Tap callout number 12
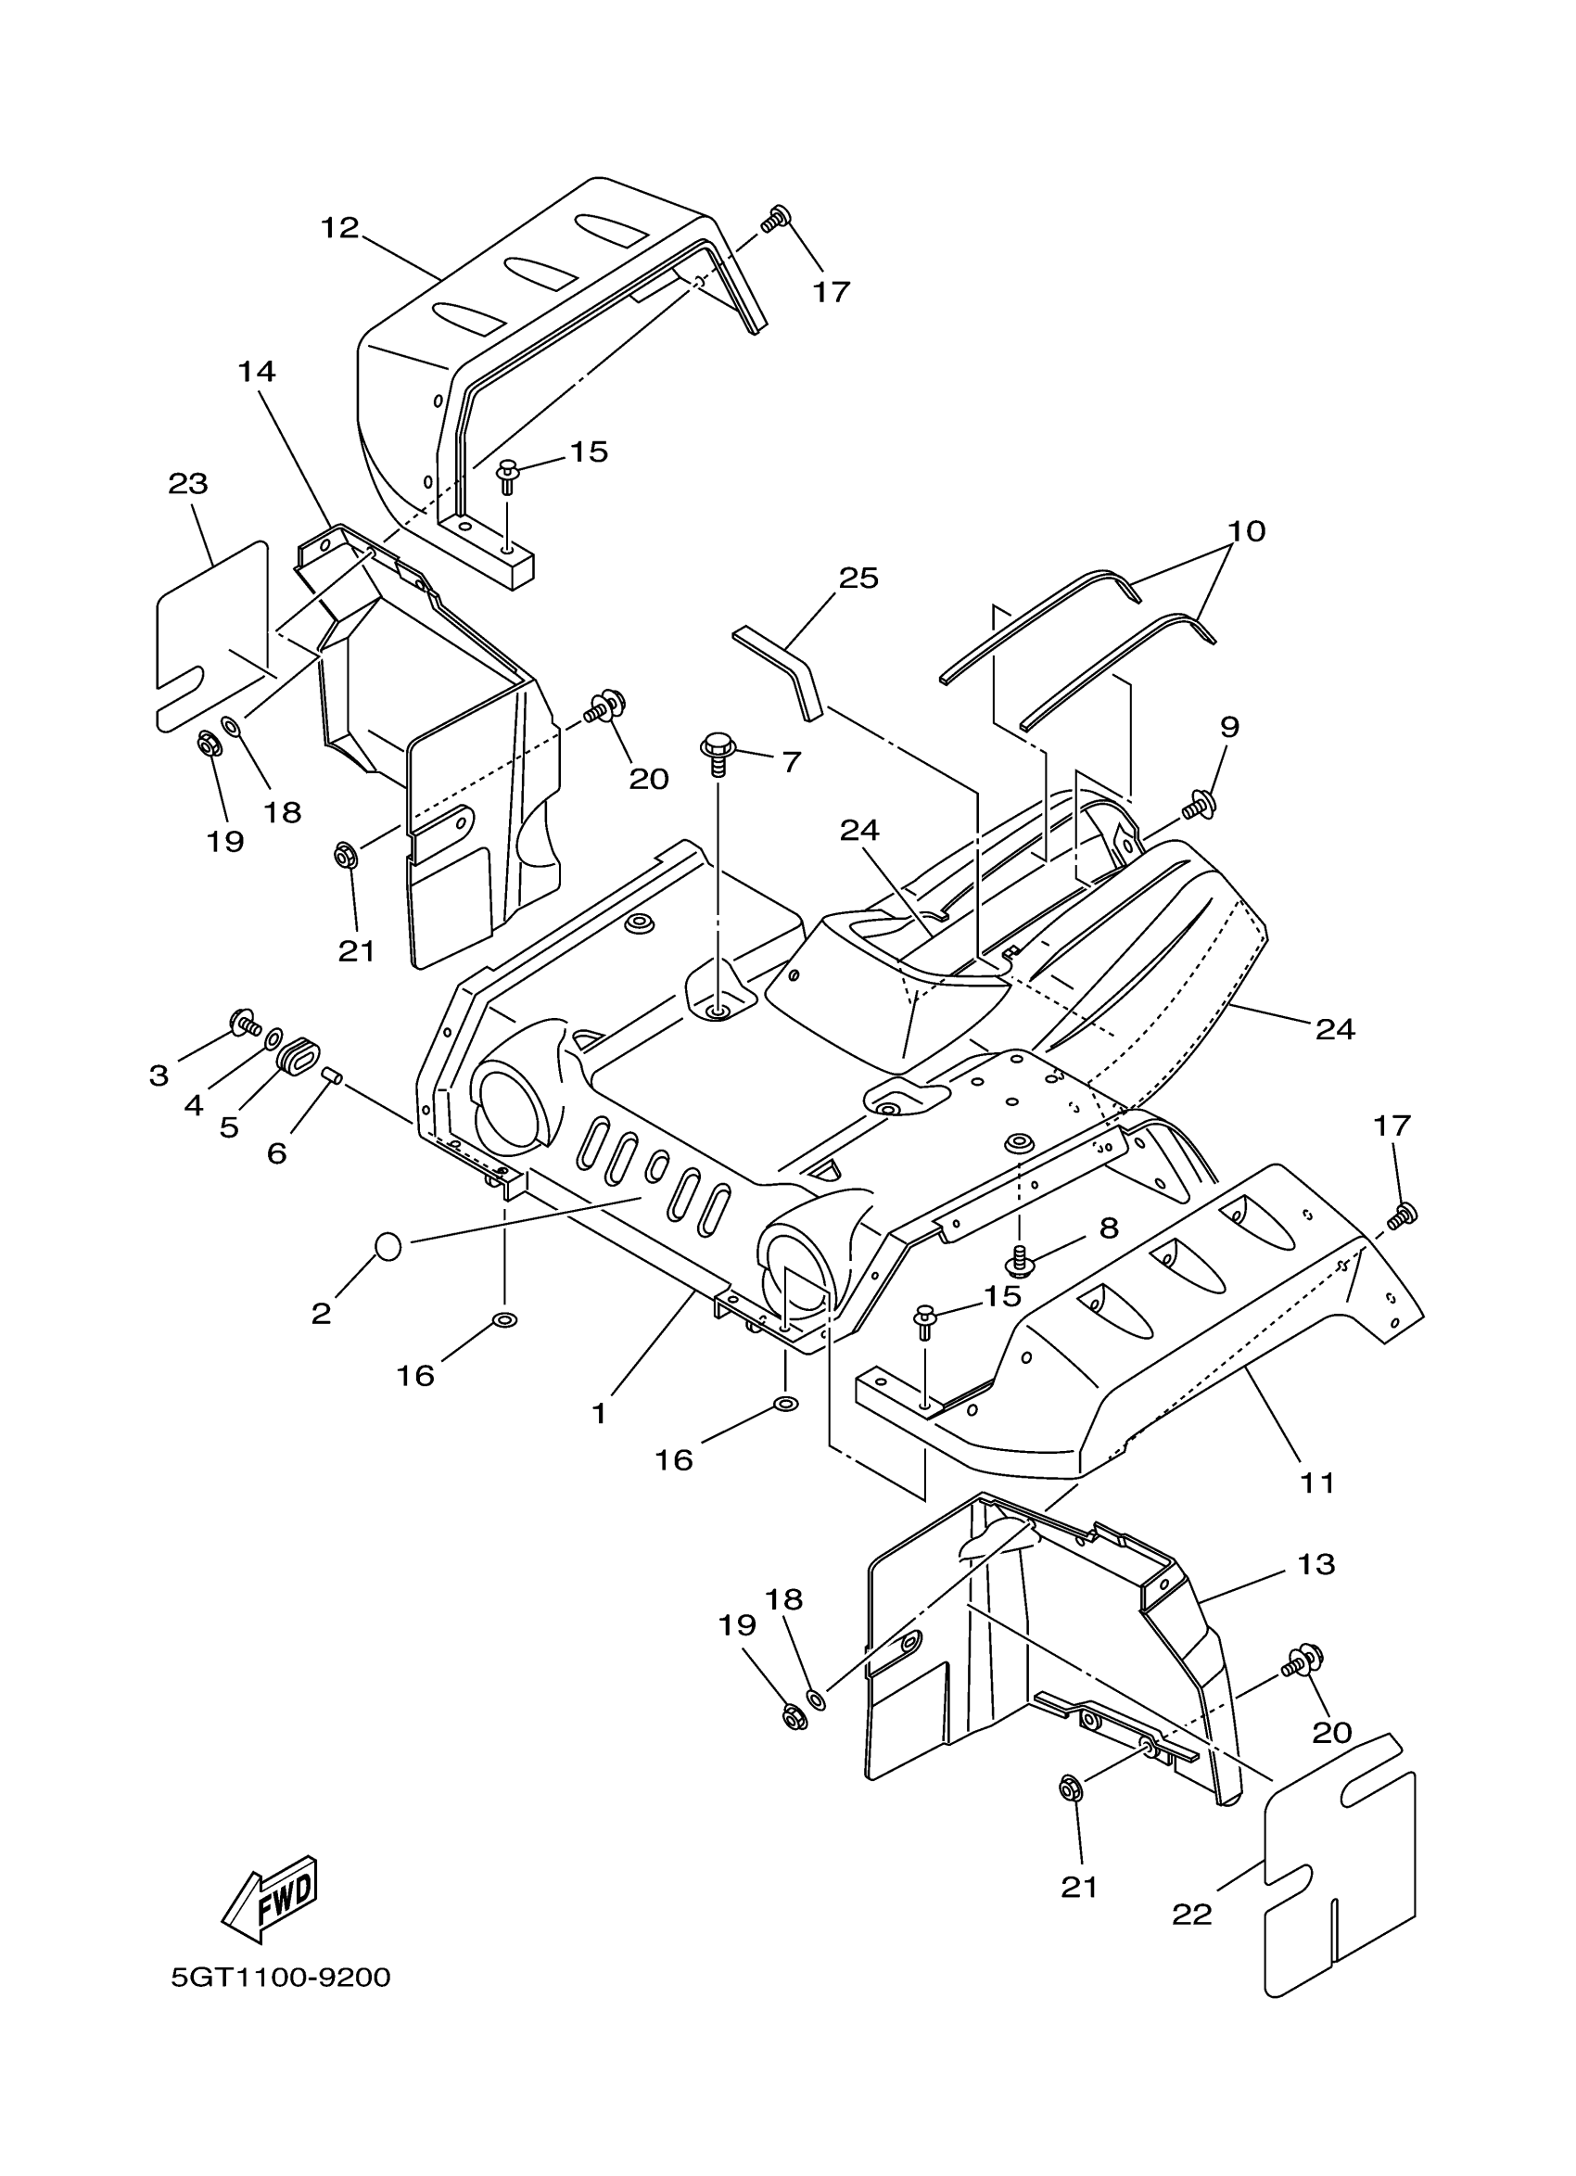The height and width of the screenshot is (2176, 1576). point(338,227)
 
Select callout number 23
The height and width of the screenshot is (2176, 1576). point(188,484)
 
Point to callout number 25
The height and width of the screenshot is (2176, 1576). point(858,578)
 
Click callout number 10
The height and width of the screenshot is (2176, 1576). point(1246,530)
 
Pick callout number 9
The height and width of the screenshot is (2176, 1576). point(1228,726)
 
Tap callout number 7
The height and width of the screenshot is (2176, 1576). point(791,762)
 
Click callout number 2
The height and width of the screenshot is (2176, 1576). point(321,1314)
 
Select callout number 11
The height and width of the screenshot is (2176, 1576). point(1317,1482)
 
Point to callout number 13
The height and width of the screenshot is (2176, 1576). point(1316,1564)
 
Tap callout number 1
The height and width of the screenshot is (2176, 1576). point(599,1413)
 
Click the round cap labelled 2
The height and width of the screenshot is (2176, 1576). point(387,1246)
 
